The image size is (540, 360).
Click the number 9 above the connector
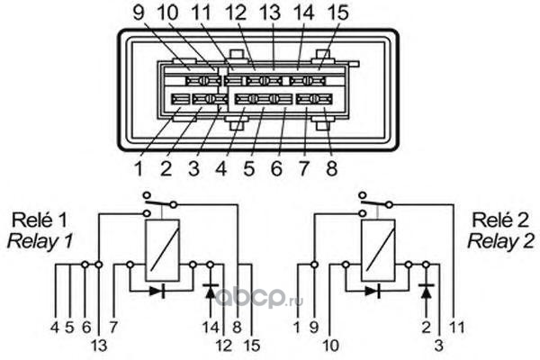coord(139,13)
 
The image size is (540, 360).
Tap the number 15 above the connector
coord(337,13)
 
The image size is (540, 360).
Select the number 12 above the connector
coord(236,13)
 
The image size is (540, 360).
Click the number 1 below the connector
coord(139,169)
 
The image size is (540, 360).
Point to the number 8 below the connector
coord(331,169)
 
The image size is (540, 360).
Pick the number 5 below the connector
coord(248,169)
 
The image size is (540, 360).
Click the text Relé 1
coord(40,220)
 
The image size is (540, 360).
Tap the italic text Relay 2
coord(500,241)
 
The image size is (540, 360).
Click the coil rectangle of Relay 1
coord(162,250)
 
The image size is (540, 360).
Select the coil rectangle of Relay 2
coord(378,250)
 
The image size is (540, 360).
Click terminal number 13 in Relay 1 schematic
coord(99,346)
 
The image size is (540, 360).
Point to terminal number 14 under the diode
coord(211,328)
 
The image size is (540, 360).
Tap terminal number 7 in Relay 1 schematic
coord(113,328)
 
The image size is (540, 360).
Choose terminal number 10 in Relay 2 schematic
coord(331,346)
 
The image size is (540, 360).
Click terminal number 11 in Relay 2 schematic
coord(457,328)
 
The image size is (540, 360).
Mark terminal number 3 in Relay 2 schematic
coord(438,346)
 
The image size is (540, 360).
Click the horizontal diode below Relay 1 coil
coord(157,292)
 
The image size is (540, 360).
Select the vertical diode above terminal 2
coord(427,292)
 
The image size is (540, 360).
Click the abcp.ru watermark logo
coord(259,297)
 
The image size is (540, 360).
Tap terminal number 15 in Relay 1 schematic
coord(252,346)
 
